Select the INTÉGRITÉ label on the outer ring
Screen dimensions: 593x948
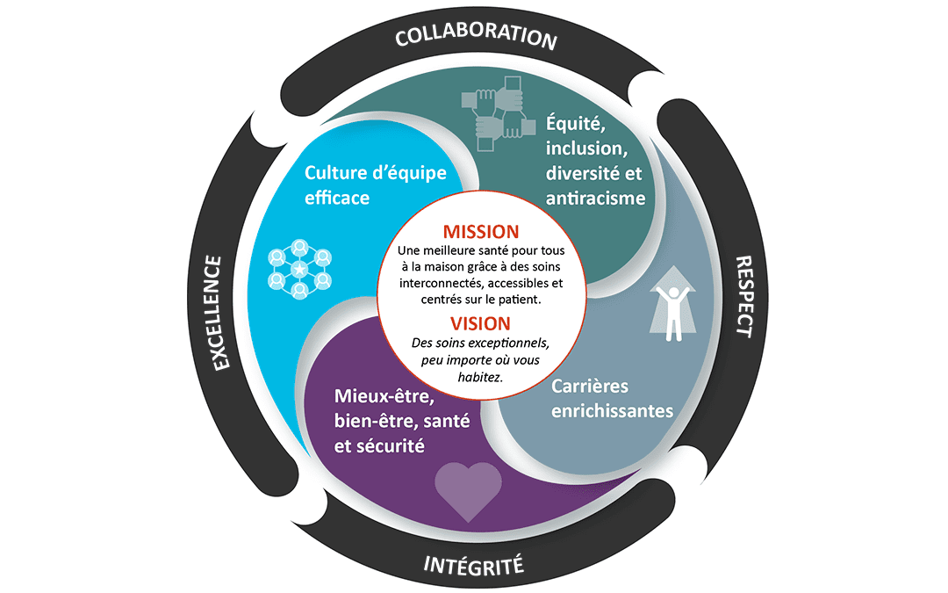coord(474,561)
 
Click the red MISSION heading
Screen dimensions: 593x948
coord(480,232)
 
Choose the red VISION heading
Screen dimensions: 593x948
coord(480,322)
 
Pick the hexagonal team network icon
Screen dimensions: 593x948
coord(300,269)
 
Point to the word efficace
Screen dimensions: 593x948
coord(337,198)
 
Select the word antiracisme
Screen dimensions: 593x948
coord(595,198)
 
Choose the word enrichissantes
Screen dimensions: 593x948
coord(612,411)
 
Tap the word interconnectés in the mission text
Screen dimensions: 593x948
coord(436,284)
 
